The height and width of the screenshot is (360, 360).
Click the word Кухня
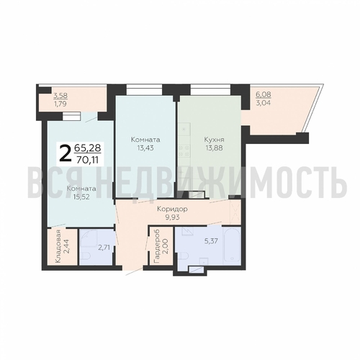[x=214, y=140]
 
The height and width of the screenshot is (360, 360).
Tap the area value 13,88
[x=214, y=148]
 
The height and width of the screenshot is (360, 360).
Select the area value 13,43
[x=145, y=148]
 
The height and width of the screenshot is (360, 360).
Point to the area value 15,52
[x=81, y=197]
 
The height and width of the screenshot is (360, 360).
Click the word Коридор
[x=172, y=209]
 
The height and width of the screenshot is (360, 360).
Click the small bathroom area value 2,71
[x=104, y=247]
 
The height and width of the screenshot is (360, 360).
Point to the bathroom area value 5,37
[x=212, y=240]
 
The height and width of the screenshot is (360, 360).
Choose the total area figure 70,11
[x=87, y=160]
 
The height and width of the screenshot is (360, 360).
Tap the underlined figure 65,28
[x=87, y=148]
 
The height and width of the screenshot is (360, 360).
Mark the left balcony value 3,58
[x=60, y=96]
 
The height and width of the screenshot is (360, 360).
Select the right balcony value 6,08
[x=264, y=94]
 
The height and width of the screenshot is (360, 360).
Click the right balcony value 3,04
[x=264, y=104]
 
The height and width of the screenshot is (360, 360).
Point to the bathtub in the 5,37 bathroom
[x=231, y=246]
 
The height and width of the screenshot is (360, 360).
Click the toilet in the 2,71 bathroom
[x=85, y=256]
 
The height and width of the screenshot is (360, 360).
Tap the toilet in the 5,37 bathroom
[x=181, y=256]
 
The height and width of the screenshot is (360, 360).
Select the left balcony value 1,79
[x=60, y=104]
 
